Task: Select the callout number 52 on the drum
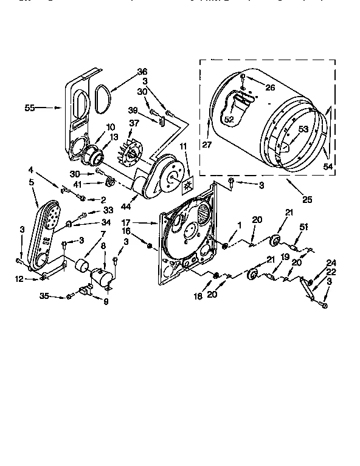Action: click(229, 120)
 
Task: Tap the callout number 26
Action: click(270, 87)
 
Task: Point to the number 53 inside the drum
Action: click(302, 128)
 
